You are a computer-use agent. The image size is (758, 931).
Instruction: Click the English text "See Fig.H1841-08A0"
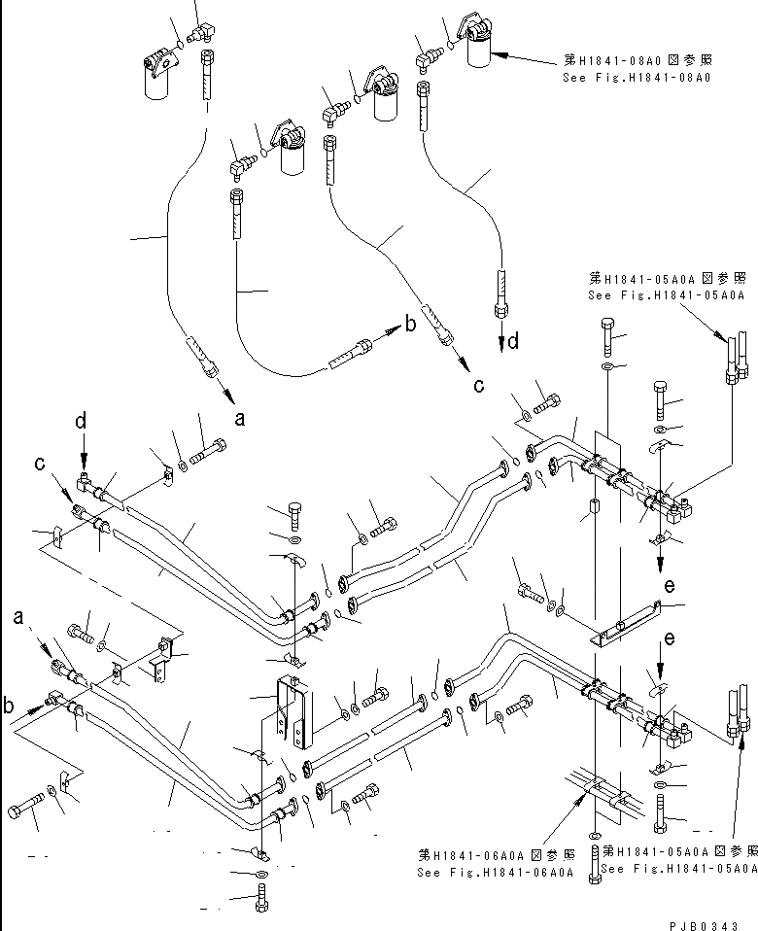pos(636,76)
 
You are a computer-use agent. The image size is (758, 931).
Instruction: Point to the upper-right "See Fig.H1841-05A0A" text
pos(666,295)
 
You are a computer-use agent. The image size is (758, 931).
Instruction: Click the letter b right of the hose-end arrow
pos(410,325)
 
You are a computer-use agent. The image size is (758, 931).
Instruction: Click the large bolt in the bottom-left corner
pos(28,810)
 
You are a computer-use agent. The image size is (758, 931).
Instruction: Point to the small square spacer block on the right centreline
pos(590,508)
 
